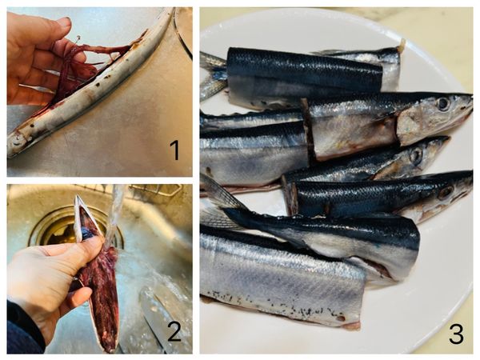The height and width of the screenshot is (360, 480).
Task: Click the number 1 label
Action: click(175, 150)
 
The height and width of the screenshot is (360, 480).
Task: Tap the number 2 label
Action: click(174, 331)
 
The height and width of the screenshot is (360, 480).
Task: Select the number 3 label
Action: click(456, 334)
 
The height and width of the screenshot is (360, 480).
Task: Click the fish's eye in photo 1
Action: click(16, 144)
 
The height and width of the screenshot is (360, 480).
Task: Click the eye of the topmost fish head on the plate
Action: click(443, 103)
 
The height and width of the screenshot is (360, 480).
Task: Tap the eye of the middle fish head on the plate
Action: click(416, 155)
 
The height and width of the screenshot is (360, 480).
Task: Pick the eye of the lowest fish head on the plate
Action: click(445, 192)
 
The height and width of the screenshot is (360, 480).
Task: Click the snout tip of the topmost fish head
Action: click(471, 98)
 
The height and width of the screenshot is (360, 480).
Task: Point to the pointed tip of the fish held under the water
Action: click(78, 197)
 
